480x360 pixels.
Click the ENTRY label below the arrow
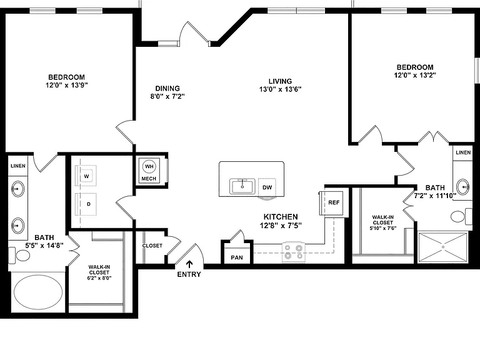click(189, 274)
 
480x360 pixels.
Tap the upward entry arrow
click(189, 264)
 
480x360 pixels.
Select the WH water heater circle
click(149, 166)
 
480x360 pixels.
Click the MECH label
click(149, 179)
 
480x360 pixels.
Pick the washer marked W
click(86, 176)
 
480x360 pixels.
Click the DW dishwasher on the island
click(267, 187)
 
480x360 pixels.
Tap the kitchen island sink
click(242, 186)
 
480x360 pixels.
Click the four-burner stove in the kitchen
click(294, 252)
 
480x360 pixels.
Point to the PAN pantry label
click(237, 257)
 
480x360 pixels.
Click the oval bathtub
click(38, 292)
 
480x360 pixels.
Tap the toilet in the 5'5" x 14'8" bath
click(19, 255)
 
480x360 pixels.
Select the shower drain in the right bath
click(443, 247)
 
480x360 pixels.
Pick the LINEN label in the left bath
click(18, 166)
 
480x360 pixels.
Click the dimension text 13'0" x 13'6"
click(280, 89)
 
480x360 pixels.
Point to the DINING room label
click(167, 89)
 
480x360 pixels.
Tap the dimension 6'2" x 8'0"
click(99, 278)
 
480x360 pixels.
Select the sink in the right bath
click(463, 186)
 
